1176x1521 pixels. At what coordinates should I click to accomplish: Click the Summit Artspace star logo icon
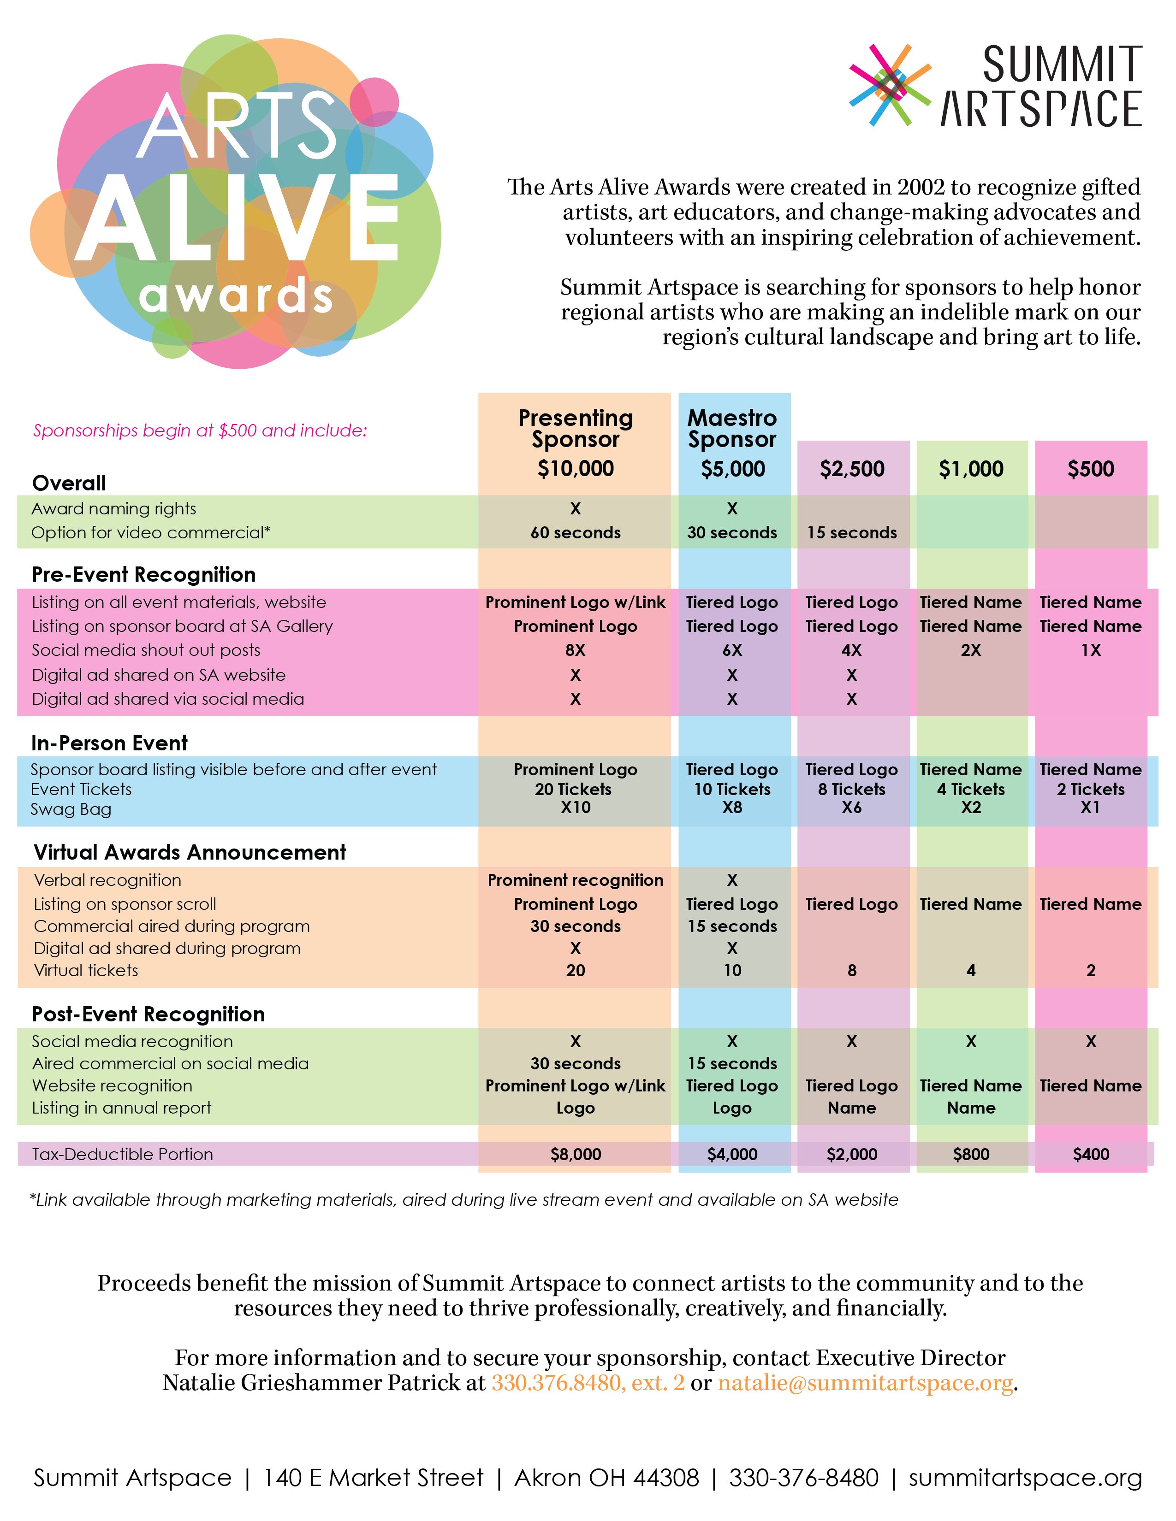(890, 85)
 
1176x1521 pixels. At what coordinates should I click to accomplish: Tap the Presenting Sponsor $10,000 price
(576, 469)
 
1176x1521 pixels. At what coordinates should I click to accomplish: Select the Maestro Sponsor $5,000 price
(732, 469)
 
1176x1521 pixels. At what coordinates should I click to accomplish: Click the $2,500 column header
(852, 469)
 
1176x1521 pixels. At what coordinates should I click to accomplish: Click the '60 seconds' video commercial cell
(576, 533)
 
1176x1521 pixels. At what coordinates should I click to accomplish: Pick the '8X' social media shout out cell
(576, 650)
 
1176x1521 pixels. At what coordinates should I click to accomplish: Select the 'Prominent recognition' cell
(576, 880)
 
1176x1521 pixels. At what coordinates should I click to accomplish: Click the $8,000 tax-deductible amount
(576, 1154)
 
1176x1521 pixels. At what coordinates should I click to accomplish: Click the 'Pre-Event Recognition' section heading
(143, 575)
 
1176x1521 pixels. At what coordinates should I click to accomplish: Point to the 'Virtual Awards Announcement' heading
(190, 852)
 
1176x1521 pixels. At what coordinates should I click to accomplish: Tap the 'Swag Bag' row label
(71, 809)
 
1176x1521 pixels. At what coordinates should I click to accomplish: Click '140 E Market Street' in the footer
(373, 1477)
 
